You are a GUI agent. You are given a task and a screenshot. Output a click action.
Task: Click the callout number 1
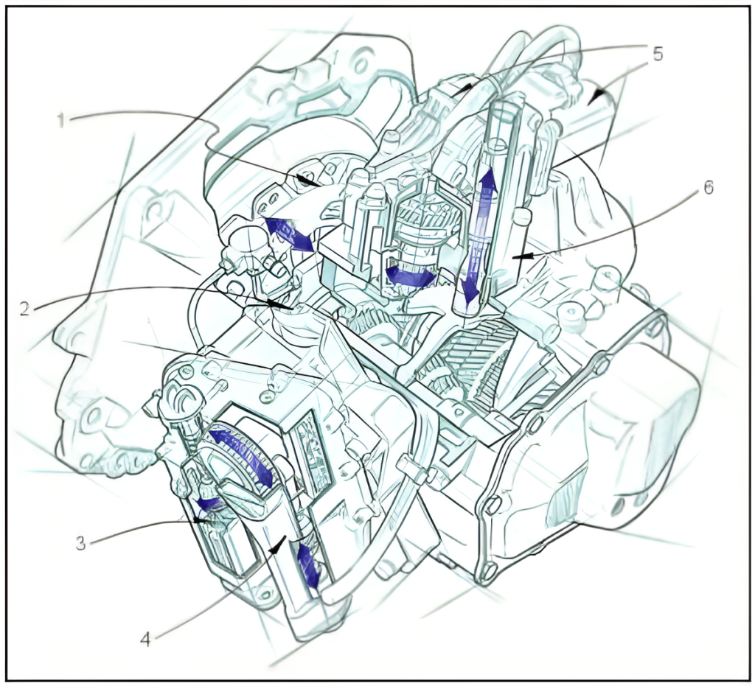(61, 119)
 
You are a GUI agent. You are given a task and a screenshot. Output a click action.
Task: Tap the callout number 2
(25, 308)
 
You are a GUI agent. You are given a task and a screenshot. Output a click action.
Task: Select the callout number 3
(81, 544)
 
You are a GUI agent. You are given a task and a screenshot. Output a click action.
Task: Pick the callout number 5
(657, 54)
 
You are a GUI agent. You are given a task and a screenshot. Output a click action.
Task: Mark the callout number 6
(708, 188)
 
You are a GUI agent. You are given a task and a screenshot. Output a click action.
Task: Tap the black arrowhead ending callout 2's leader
(278, 304)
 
